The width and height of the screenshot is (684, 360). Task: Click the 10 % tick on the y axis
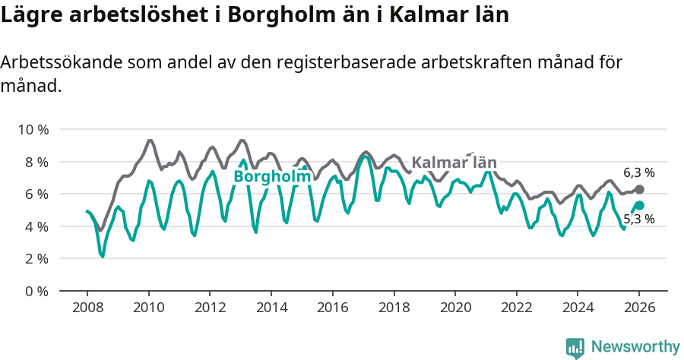pyautogui.click(x=33, y=130)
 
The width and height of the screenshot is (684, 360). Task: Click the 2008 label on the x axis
pyautogui.click(x=87, y=308)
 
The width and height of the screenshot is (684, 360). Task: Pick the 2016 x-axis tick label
pyautogui.click(x=332, y=308)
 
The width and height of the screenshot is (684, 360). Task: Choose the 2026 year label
pyautogui.click(x=639, y=308)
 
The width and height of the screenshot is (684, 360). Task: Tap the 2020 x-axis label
pyautogui.click(x=455, y=308)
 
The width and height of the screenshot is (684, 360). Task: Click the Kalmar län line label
pyautogui.click(x=454, y=163)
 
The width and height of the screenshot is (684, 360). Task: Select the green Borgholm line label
pyautogui.click(x=272, y=177)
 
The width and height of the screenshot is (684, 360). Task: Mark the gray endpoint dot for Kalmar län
pyautogui.click(x=639, y=189)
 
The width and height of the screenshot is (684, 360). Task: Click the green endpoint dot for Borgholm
pyautogui.click(x=639, y=205)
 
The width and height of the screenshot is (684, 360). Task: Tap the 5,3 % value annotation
pyautogui.click(x=638, y=219)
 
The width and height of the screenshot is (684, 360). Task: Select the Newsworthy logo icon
pyautogui.click(x=575, y=347)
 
